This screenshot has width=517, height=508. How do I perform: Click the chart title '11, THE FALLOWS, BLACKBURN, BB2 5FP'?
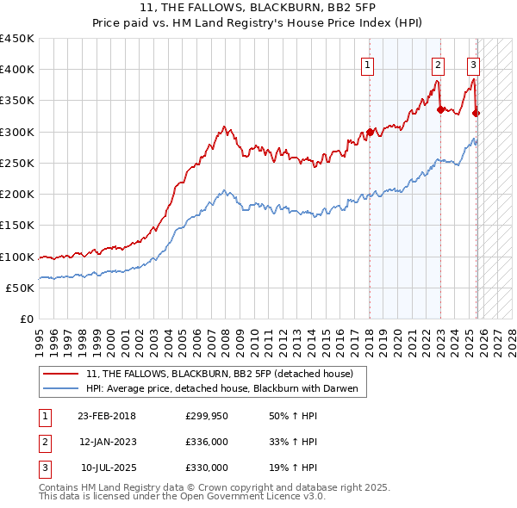click(258, 8)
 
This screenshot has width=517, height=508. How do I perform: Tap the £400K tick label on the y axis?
click(17, 70)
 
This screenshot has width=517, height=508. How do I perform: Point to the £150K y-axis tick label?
click(17, 226)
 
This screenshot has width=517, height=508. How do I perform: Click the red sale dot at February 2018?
click(370, 133)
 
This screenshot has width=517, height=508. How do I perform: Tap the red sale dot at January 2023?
click(440, 109)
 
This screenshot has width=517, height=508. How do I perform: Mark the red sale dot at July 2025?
click(477, 113)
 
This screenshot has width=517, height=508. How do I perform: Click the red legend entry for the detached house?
click(220, 374)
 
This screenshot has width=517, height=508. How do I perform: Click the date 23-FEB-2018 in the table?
click(107, 416)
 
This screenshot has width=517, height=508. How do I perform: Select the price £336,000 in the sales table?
click(207, 442)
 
